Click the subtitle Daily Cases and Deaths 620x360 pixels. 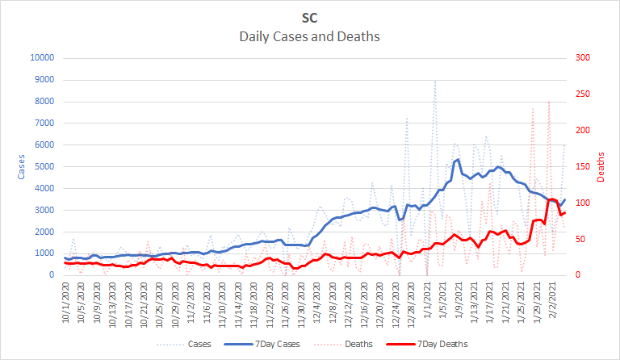[310, 36]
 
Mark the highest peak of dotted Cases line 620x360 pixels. [435, 81]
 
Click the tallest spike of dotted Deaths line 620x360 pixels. [549, 101]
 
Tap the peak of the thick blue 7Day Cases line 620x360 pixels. [459, 159]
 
